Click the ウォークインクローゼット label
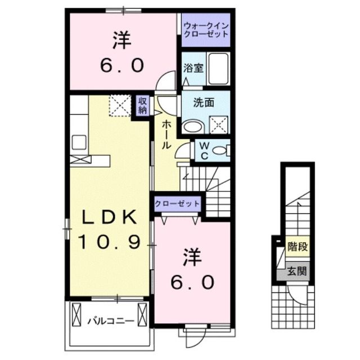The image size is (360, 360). click(206, 30)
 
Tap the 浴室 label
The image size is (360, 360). click(193, 68)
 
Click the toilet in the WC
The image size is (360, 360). click(223, 150)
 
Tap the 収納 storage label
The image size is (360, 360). click(143, 105)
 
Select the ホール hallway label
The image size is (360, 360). click(167, 134)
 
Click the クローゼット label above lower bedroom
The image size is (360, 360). click(177, 203)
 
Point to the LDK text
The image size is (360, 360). click(109, 217)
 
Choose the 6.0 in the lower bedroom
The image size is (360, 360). click(191, 281)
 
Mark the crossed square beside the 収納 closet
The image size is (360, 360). click(119, 106)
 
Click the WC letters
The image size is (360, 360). click(204, 150)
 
